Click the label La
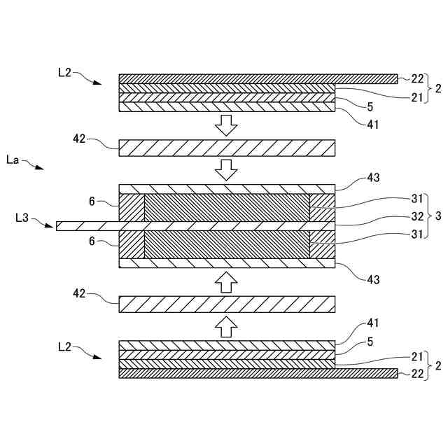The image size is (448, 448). point(12,160)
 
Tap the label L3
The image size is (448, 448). point(22,218)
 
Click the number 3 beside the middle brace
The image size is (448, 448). point(437,217)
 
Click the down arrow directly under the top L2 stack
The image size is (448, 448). point(226,125)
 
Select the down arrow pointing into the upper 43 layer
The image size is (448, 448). point(226,169)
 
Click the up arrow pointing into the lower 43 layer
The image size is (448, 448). point(226,281)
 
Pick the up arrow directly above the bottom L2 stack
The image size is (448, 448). point(226,325)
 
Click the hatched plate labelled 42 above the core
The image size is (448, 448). point(227,148)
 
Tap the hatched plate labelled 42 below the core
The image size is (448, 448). point(227,303)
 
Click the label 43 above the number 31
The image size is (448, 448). point(373,178)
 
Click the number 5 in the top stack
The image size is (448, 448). point(370,107)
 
